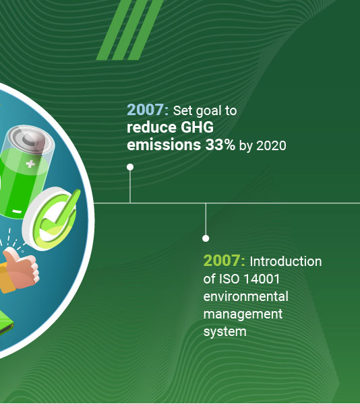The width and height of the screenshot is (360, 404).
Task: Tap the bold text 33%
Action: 220,145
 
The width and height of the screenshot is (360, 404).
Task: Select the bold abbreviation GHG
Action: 198,127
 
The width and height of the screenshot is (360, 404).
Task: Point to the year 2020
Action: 271,146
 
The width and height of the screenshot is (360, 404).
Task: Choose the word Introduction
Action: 286,261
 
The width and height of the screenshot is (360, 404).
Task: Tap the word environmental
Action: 246,296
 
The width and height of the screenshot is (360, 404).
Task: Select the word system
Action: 225,332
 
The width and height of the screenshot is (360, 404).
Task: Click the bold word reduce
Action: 152,127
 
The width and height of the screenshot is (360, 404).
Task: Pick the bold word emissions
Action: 164,145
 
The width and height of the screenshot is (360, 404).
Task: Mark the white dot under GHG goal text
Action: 130,167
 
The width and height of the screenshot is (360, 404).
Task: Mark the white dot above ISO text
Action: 206,238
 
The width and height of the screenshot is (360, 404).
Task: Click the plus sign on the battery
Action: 30,164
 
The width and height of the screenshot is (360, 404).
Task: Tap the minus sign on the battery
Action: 17,211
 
